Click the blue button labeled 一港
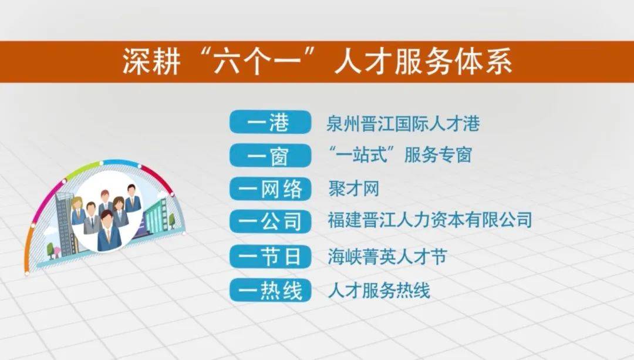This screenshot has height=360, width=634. tap(270, 122)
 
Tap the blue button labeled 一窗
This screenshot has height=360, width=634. tap(270, 155)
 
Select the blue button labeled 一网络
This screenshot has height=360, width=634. tap(270, 189)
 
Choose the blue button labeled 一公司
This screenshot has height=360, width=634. tap(270, 221)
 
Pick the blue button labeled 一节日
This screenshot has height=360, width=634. tap(270, 257)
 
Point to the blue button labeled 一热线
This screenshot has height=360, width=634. tap(270, 290)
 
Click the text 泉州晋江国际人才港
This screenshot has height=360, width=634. tap(403, 123)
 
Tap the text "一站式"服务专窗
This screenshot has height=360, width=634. tap(400, 155)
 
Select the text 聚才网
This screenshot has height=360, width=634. tap(354, 189)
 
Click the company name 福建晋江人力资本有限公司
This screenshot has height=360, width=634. tap(430, 220)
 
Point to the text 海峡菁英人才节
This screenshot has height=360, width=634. tap(387, 257)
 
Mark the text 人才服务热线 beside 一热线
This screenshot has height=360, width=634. tap(379, 291)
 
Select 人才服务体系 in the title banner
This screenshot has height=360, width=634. tap(423, 62)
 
